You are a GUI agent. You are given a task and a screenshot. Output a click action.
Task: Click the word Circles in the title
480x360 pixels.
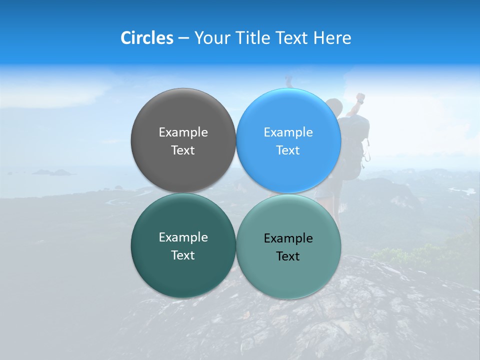pos(146,38)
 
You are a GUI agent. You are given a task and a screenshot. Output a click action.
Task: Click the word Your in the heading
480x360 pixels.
pos(212,38)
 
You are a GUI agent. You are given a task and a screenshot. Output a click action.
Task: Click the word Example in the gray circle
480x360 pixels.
pos(183,132)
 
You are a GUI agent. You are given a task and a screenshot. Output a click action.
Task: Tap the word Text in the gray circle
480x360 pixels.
pos(183,150)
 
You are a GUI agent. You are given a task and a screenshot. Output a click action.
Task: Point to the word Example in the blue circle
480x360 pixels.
pos(288,132)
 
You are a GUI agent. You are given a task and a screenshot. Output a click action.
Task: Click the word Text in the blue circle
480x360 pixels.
pos(288,150)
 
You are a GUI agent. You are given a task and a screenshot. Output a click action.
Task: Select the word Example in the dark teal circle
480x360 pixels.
pos(183,237)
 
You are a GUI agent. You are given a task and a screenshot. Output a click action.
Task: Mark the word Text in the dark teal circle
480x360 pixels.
pos(183,255)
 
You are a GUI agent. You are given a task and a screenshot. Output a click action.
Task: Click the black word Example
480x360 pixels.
pos(288,238)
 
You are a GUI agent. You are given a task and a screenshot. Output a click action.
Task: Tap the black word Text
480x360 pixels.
pos(288,256)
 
